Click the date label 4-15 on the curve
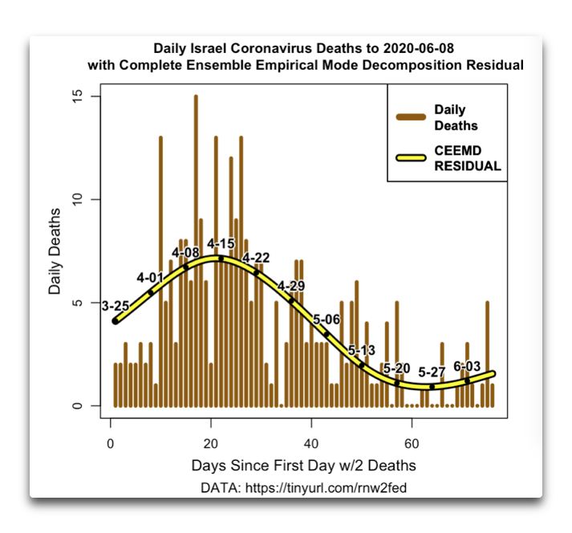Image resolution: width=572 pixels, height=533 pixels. point(221,243)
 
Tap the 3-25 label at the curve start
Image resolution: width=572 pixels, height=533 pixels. point(116,305)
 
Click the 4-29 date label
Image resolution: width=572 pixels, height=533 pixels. point(291,287)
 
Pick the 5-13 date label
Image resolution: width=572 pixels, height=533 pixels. point(362,350)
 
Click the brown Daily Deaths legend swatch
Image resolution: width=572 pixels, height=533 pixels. point(411,117)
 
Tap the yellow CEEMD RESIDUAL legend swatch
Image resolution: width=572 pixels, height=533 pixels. point(411,158)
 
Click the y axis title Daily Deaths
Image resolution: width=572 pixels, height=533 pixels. point(55,250)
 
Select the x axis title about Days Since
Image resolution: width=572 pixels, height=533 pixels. point(303,466)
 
